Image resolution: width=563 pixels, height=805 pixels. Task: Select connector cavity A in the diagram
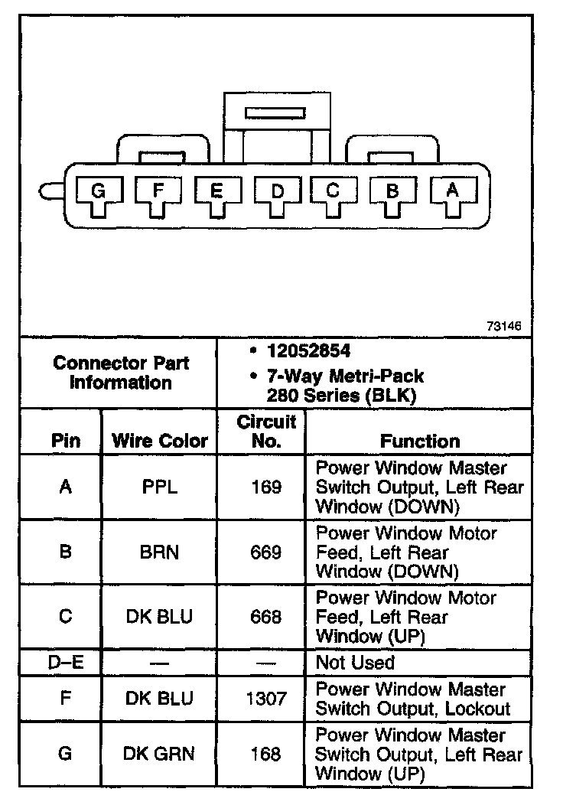pos(453,193)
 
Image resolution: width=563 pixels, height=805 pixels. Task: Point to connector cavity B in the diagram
pos(392,194)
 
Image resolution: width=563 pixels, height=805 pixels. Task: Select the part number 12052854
pos(308,351)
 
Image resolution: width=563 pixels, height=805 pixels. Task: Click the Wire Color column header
pos(160,441)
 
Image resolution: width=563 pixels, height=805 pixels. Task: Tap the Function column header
pos(420,441)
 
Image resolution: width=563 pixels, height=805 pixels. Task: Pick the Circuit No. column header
pos(266,432)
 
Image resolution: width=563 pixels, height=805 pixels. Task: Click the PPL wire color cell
pos(160,487)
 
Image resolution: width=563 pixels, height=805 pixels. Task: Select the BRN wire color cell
pos(160,552)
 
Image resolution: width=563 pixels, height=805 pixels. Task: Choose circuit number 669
pos(266,552)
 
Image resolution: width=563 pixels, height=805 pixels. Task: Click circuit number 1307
pos(266,698)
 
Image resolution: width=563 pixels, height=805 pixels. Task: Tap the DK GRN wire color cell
pos(160,754)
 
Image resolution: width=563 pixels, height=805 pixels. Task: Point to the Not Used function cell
pos(355,663)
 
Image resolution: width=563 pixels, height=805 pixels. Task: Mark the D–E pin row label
pos(65,663)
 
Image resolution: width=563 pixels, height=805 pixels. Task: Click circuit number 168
pos(266,754)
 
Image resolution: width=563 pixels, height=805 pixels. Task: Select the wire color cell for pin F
pos(160,698)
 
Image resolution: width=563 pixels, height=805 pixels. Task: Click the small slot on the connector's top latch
pos(274,113)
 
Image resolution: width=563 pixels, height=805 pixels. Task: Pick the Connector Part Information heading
pos(121,373)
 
